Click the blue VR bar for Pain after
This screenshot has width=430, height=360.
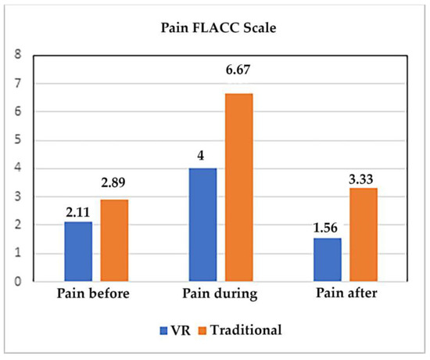click(326, 259)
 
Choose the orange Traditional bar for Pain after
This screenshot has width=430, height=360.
click(362, 234)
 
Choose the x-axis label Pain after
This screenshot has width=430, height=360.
click(344, 297)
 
